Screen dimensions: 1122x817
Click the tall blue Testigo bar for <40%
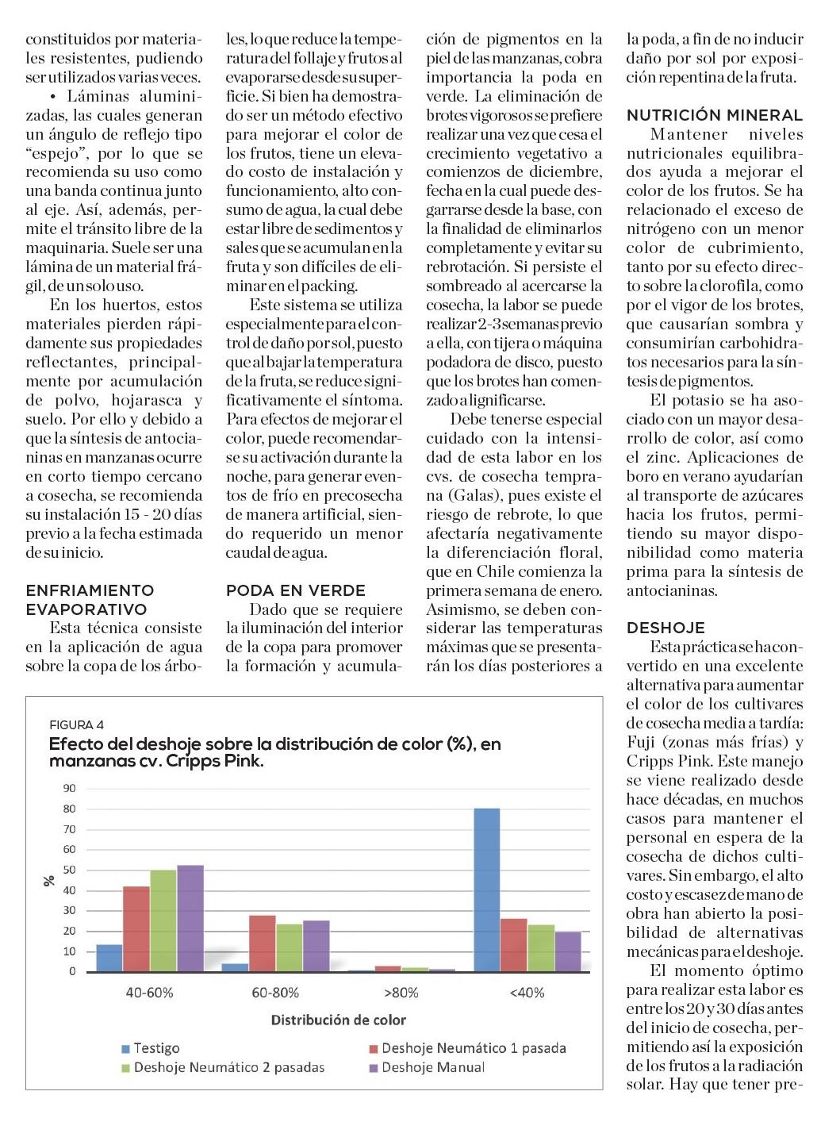point(486,889)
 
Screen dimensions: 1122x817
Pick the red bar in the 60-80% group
point(263,943)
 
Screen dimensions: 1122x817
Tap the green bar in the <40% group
point(541,948)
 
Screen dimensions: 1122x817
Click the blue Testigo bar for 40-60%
point(109,958)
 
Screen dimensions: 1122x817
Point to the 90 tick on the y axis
point(70,788)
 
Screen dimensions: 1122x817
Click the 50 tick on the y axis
point(70,870)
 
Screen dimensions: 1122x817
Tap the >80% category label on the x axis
point(401,993)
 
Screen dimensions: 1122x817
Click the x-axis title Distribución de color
point(339,1020)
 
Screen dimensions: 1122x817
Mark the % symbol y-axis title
point(49,880)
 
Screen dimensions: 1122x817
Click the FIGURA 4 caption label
point(76,724)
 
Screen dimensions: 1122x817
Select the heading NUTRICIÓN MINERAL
point(715,116)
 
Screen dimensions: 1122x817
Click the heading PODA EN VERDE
point(296,590)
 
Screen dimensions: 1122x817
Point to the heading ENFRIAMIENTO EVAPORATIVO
point(90,600)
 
